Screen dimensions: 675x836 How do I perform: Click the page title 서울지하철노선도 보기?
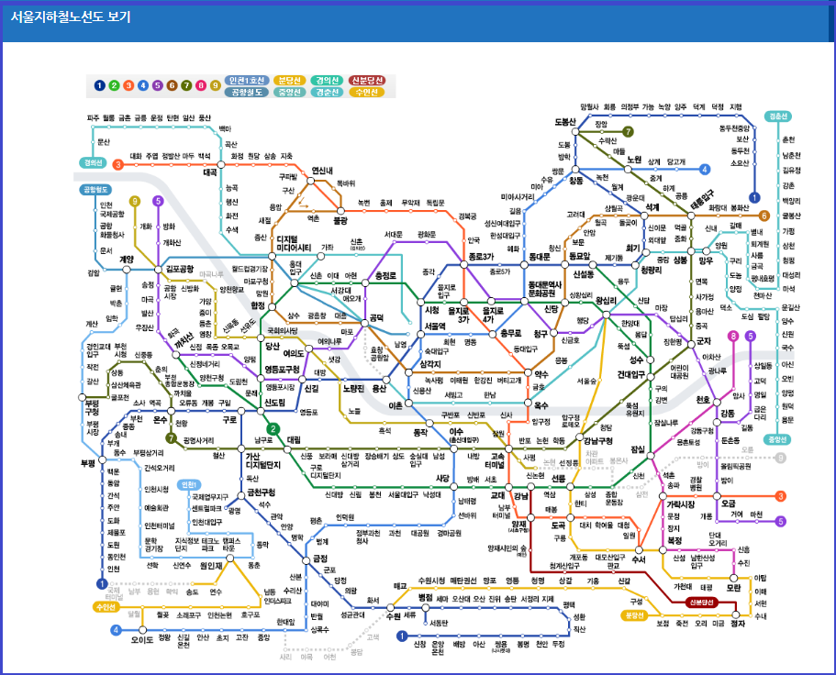coord(72,17)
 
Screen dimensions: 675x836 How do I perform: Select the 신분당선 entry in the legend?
coord(367,80)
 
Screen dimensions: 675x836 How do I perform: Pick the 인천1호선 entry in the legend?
coord(248,80)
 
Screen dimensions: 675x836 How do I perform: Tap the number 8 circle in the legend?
coord(200,86)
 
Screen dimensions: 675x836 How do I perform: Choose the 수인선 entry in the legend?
coord(367,92)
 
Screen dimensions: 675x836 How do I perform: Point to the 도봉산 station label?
coord(565,122)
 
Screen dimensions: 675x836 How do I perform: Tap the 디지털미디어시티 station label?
coord(294,243)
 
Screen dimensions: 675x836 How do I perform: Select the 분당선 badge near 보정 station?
coord(634,615)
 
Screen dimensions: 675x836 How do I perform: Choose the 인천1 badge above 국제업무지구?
coord(190,484)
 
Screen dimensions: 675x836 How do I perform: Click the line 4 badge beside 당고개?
coord(705,170)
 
